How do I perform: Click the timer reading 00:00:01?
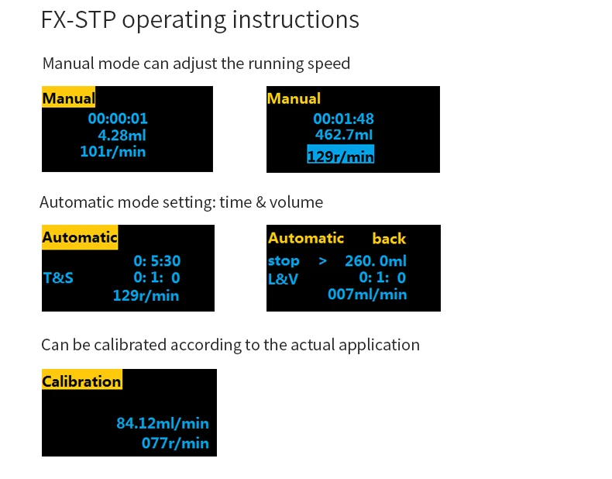pyautogui.click(x=118, y=119)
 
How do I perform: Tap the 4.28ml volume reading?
pyautogui.click(x=122, y=136)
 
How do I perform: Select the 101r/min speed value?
pyautogui.click(x=113, y=151)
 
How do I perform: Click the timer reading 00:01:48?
pyautogui.click(x=343, y=119)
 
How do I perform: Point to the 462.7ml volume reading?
pyautogui.click(x=344, y=135)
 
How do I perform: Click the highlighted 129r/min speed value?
pyautogui.click(x=341, y=153)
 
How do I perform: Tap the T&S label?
pyautogui.click(x=58, y=278)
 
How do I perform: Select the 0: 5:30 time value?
pyautogui.click(x=157, y=260)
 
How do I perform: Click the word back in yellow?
pyautogui.click(x=389, y=239)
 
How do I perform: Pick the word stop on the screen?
pyautogui.click(x=284, y=260)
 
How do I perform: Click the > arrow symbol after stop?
pyautogui.click(x=323, y=260)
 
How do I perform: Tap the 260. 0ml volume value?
pyautogui.click(x=376, y=260)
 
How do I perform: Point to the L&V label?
pyautogui.click(x=283, y=279)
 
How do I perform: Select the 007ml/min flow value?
pyautogui.click(x=367, y=294)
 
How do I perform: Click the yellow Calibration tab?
pyautogui.click(x=82, y=380)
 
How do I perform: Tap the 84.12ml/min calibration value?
pyautogui.click(x=163, y=423)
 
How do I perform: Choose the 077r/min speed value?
pyautogui.click(x=175, y=443)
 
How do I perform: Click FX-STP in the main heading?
pyautogui.click(x=78, y=19)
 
